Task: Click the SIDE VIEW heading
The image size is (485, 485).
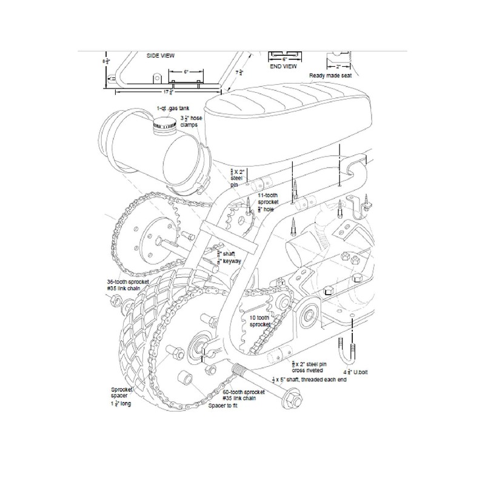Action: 161,55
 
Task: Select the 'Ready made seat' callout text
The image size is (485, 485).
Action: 330,76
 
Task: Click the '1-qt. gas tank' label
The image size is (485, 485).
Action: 169,107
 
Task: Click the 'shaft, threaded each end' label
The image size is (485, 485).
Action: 310,380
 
